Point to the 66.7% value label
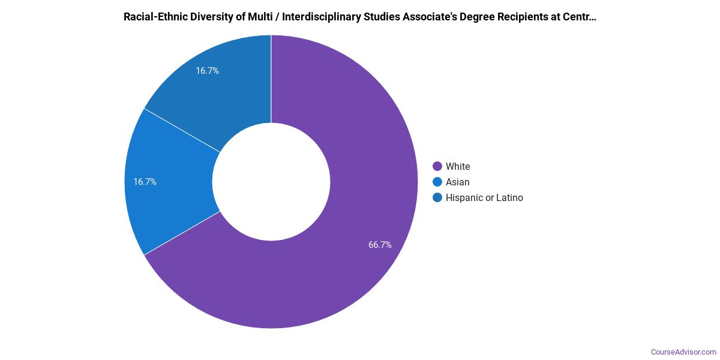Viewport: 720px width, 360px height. pos(380,244)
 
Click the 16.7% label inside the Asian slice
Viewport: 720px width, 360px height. pos(145,182)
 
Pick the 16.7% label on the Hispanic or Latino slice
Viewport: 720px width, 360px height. pos(207,71)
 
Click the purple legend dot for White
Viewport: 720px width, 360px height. pos(437,166)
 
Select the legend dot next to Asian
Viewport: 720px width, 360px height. pos(437,182)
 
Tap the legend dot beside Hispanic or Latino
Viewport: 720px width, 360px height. pos(437,197)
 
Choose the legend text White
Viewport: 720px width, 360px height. pos(458,166)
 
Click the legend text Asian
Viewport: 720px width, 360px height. pos(457,182)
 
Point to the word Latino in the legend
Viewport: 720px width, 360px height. pos(508,197)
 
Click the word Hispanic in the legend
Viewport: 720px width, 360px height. pos(464,197)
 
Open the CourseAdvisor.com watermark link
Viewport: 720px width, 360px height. pos(683,352)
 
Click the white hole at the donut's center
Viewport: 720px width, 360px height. pos(271,182)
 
